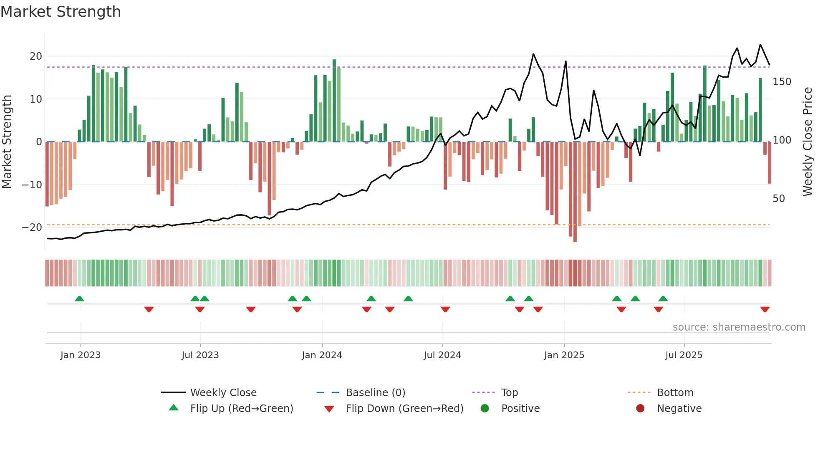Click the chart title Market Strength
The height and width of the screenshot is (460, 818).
(61, 12)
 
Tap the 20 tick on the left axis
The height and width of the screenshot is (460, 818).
(35, 56)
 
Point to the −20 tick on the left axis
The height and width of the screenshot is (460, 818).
(32, 227)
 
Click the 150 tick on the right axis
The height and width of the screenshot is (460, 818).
(782, 82)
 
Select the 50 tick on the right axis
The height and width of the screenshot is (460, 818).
(778, 199)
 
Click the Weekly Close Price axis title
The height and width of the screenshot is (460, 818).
(808, 142)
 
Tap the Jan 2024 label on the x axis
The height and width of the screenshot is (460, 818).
(322, 355)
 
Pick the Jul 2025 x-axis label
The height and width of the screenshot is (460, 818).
(684, 355)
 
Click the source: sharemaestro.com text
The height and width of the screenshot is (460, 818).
(739, 327)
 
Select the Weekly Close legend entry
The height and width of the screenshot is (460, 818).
(223, 393)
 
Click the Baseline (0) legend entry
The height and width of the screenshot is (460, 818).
(375, 393)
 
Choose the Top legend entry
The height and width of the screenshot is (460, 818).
(509, 393)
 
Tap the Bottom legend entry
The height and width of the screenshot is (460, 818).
(675, 393)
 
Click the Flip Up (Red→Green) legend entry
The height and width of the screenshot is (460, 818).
(241, 409)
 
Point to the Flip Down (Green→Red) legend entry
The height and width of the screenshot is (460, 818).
(404, 409)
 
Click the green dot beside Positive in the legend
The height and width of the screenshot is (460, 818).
(485, 409)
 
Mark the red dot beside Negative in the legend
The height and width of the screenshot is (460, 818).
(640, 409)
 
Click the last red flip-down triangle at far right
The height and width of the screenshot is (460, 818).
(765, 309)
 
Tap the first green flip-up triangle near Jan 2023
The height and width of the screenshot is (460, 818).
(79, 298)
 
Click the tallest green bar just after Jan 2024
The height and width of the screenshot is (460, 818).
(334, 100)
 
